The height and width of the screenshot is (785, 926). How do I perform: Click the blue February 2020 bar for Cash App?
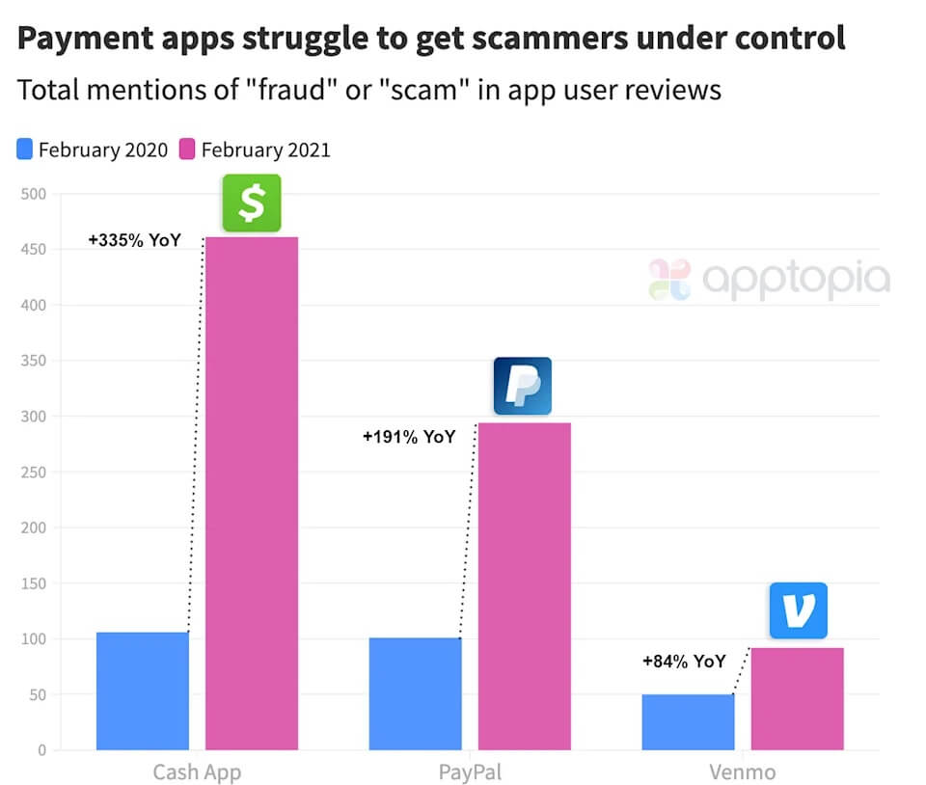tap(143, 690)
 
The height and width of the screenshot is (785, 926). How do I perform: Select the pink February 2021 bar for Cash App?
tap(252, 493)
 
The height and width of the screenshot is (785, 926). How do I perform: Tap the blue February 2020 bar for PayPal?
tap(415, 693)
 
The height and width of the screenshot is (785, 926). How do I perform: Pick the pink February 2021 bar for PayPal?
tap(525, 585)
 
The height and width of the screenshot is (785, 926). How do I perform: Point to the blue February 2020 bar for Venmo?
tap(688, 721)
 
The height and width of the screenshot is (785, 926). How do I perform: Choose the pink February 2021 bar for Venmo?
tap(798, 698)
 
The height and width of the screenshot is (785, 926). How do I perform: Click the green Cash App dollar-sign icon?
tap(252, 203)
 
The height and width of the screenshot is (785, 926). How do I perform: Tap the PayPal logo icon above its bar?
tap(523, 386)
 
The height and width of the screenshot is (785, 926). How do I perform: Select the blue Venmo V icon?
tap(799, 610)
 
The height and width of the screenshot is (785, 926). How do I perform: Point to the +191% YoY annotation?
tap(408, 437)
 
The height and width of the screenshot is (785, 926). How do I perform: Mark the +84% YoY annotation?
tap(684, 662)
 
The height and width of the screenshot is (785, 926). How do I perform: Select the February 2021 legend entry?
tap(256, 149)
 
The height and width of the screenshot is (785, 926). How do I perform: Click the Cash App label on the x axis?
tap(197, 771)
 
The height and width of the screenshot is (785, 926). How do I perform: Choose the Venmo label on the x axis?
tap(743, 771)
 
